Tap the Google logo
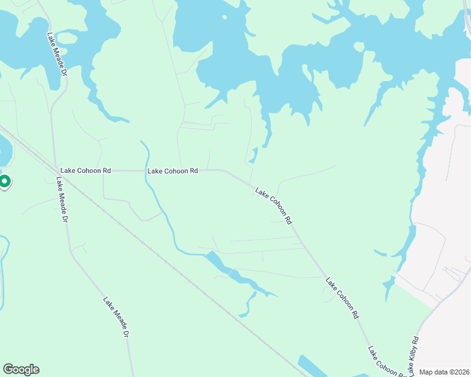pos(21,369)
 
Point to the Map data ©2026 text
pos(444,372)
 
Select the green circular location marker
pos(4,182)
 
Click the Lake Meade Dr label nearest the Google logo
pos(116,318)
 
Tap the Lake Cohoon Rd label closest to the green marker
pos(86,170)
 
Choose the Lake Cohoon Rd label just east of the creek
pos(173,170)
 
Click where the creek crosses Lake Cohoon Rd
pos(146,170)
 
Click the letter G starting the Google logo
pos(8,369)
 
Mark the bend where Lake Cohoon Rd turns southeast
pos(225,170)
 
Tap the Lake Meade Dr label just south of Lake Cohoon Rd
pos(61,200)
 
